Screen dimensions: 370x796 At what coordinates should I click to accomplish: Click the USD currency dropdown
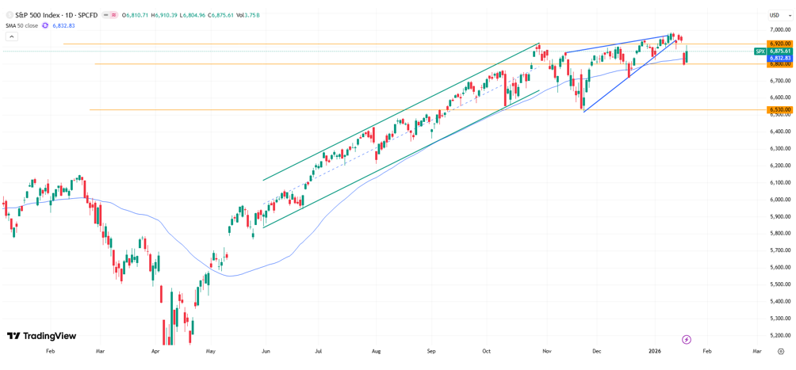pos(774,15)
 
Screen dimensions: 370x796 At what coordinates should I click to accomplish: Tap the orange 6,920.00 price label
pos(780,44)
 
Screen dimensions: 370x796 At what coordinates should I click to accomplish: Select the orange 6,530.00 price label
pos(780,110)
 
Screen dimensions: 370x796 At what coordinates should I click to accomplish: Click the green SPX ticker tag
pos(760,51)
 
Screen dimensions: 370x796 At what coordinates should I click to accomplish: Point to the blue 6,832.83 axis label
pos(780,58)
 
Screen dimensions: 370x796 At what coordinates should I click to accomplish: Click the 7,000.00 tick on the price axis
pos(779,29)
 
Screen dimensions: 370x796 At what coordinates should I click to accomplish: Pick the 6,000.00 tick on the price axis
pos(779,199)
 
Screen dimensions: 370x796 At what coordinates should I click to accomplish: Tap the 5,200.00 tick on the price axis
pos(779,335)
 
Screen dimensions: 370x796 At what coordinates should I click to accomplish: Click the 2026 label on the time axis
pos(655,350)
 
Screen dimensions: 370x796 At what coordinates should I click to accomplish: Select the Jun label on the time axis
pos(266,350)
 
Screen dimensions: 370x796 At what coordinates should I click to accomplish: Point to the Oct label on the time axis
pos(486,350)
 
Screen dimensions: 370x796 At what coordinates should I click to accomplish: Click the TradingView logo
pos(41,336)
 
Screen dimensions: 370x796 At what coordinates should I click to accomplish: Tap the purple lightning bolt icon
pos(687,339)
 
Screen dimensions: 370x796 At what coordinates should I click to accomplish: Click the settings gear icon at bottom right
pos(781,351)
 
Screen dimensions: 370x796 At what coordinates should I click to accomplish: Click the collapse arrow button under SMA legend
pos(11,36)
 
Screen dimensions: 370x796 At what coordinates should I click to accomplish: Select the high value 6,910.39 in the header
pos(165,15)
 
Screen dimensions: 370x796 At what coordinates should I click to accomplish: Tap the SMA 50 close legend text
pos(21,25)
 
